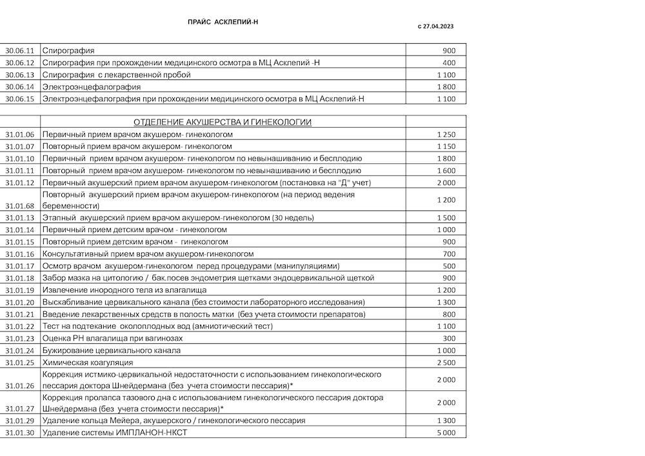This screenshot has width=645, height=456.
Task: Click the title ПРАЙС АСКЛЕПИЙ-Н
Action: tap(223, 22)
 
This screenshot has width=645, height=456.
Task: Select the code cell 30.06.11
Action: tap(19, 50)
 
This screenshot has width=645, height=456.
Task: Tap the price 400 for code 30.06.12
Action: tap(449, 63)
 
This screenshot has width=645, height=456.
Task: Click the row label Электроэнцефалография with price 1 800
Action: tap(91, 86)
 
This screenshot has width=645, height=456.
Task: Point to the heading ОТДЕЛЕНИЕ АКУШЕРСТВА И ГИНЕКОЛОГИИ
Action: tap(223, 122)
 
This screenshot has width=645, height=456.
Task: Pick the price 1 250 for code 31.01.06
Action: tap(446, 134)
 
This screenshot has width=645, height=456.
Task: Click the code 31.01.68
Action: tap(19, 206)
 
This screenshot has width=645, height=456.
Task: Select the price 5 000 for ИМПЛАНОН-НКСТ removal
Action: tap(446, 432)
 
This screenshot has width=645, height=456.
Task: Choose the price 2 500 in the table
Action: tap(446, 362)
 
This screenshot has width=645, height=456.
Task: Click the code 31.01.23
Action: tap(19, 338)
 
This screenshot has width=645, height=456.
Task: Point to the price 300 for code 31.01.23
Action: tap(449, 338)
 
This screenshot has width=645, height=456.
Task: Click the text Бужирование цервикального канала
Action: tap(111, 350)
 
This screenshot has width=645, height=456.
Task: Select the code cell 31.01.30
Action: tap(19, 432)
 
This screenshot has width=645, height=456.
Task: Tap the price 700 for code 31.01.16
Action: tap(449, 254)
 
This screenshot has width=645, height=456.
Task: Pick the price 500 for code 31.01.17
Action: tap(449, 266)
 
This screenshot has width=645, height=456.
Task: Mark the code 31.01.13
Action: tap(19, 218)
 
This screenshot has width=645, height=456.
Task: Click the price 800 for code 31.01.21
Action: tap(449, 314)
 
